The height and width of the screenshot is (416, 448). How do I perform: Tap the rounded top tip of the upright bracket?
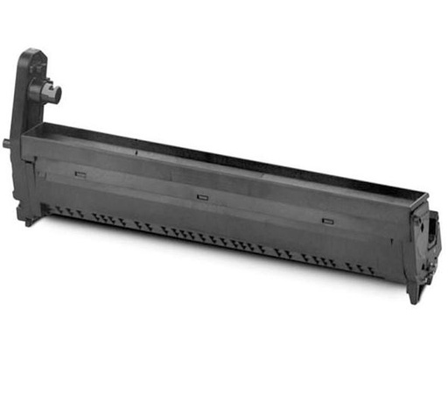coord(32,53)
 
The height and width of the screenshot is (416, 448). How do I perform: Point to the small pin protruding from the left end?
coord(6,141)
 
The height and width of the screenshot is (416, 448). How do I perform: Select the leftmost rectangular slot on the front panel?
coord(80,173)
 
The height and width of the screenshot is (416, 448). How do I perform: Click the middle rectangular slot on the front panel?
coord(202,196)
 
